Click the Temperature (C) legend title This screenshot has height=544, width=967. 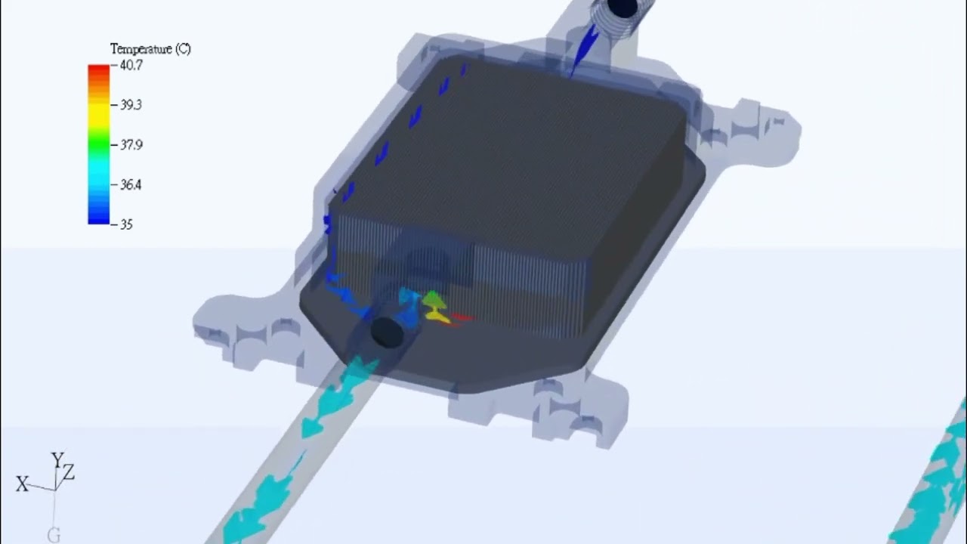point(150,49)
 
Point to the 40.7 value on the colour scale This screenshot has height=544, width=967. point(131,65)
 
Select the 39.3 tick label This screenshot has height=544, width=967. point(131,105)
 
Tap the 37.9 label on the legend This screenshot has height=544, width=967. point(131,144)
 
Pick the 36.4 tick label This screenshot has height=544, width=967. point(131,185)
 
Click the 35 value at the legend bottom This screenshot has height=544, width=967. point(126,224)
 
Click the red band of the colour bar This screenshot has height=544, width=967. point(99,72)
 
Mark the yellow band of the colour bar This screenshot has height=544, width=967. point(99,111)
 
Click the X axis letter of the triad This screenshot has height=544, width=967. point(22,484)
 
